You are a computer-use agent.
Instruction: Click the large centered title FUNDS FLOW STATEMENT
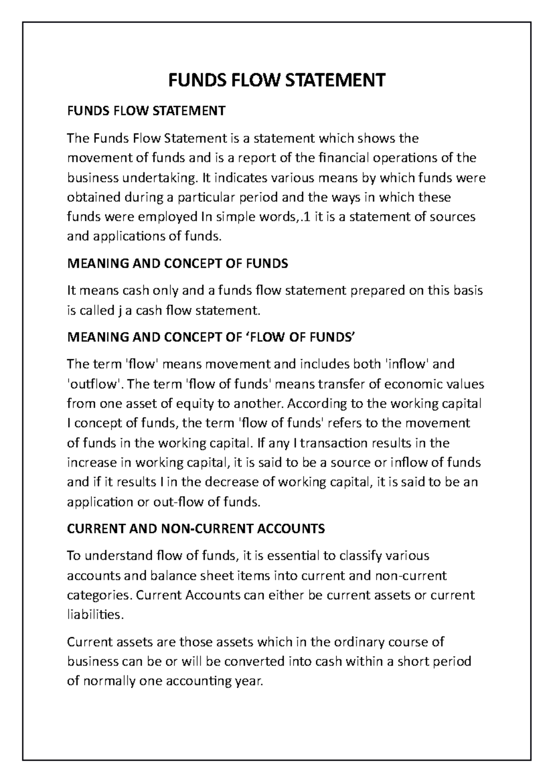coord(276,80)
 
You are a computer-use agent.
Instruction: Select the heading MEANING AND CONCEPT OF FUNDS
coord(177,264)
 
